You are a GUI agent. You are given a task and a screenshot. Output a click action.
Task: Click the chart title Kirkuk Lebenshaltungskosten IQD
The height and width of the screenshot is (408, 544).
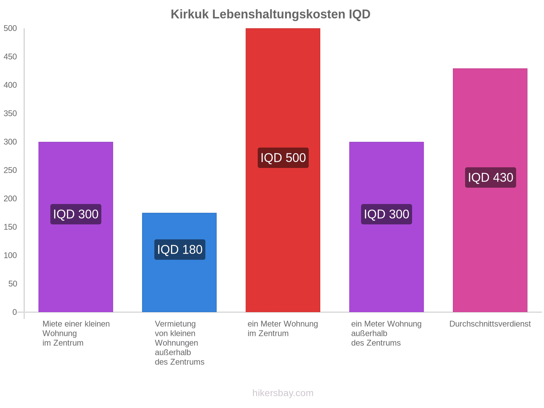pos(270,14)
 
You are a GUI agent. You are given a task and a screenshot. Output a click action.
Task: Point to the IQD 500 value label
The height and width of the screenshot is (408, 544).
pos(283,158)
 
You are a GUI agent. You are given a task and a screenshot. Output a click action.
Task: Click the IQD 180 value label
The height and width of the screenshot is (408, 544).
pos(180,250)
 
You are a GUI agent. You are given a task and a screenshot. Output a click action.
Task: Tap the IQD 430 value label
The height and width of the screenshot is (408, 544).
pos(490,177)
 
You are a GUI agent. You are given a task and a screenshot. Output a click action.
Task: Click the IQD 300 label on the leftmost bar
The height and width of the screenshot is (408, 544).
pos(75,214)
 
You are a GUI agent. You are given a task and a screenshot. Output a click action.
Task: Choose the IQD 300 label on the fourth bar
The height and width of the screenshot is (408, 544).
pos(386,214)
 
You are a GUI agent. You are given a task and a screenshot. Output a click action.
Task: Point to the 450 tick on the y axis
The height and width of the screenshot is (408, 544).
pos(10,57)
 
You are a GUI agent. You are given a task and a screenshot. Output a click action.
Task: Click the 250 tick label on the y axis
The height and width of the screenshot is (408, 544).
pos(10,170)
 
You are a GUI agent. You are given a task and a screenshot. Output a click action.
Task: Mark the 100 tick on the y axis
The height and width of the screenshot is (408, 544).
pos(10,255)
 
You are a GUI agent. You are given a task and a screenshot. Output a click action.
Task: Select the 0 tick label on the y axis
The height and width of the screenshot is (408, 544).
pos(14,312)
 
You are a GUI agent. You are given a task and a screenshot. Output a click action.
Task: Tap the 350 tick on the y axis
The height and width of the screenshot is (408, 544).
pos(10,114)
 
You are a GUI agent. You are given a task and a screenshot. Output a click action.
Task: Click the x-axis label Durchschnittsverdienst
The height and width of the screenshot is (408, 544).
pos(490,324)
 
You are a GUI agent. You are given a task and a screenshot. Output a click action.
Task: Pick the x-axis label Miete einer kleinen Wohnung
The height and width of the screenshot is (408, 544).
pos(76,333)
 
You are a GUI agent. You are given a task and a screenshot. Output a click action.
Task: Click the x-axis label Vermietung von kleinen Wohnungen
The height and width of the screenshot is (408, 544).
pos(180,343)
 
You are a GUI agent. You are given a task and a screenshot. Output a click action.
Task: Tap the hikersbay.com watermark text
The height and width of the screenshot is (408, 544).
pos(283,393)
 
